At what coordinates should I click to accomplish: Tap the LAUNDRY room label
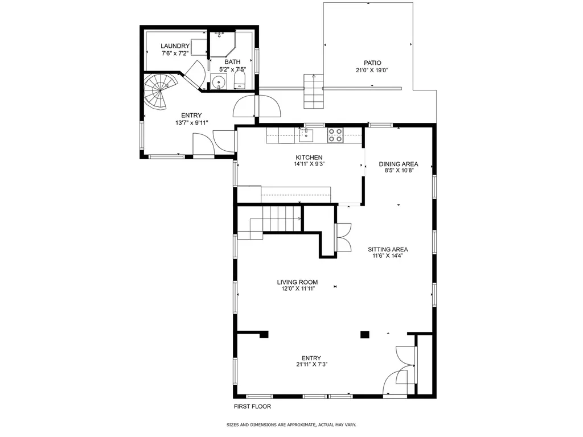coord(175,46)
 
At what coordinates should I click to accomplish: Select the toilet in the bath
coord(240,79)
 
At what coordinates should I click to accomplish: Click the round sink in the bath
coord(219,81)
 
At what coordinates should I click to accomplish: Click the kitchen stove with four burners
coord(335,135)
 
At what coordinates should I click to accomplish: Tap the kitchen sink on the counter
coord(306,135)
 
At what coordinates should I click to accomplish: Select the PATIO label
coord(372,63)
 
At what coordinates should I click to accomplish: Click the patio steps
coord(313,91)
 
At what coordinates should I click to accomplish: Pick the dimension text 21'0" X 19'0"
coord(372,71)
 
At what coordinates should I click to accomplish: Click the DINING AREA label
coord(399,164)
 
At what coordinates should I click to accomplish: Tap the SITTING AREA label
coord(388,249)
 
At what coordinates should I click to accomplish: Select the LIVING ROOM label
coord(297,282)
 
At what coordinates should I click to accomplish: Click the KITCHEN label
coord(309,158)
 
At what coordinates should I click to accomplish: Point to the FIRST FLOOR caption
coord(253,407)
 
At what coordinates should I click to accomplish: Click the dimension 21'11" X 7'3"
coord(311,365)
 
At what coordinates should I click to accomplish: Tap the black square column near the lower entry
coord(364,335)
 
